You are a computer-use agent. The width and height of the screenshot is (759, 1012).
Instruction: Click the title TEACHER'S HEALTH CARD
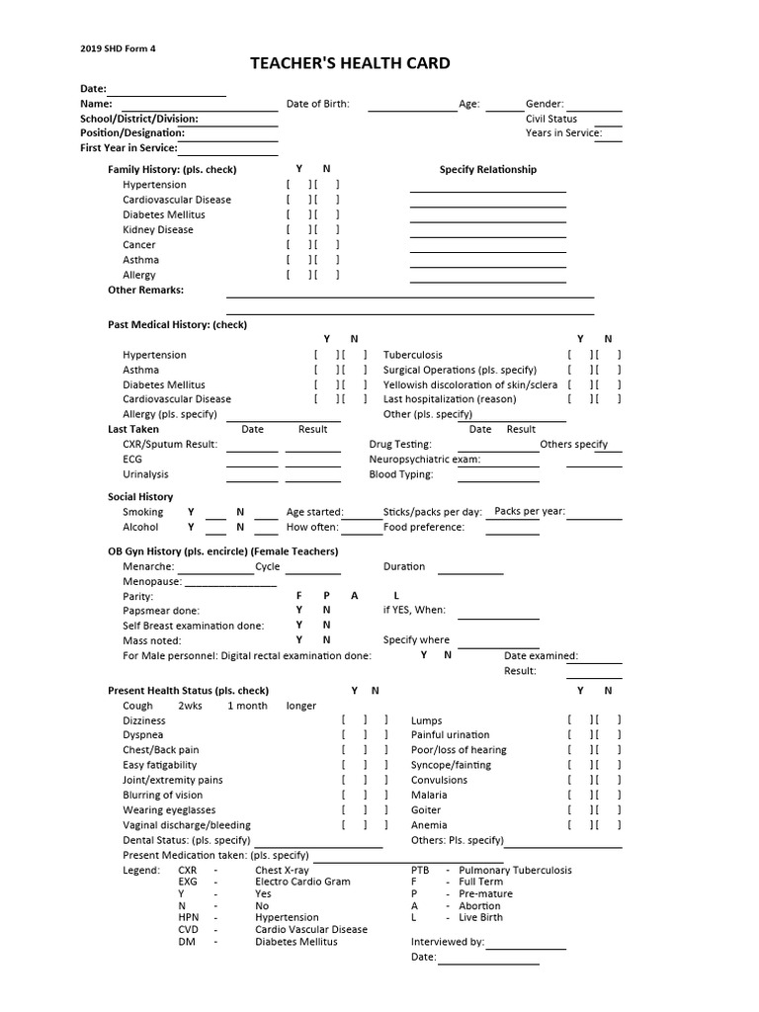350,63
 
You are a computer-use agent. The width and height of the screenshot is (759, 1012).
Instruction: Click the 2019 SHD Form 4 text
118,47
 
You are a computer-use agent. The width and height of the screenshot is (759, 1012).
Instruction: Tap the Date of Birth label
317,104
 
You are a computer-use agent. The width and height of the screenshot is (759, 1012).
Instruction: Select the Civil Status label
551,119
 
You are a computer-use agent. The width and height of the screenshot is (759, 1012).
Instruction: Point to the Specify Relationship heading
487,169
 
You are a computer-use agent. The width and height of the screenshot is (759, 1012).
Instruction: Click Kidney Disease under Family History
158,229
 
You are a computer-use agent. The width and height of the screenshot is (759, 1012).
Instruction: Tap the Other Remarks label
145,291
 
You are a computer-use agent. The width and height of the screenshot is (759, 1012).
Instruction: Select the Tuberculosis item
413,355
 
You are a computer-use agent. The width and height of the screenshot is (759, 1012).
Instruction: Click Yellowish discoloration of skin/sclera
470,384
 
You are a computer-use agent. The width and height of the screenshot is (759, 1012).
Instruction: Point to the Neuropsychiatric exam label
425,460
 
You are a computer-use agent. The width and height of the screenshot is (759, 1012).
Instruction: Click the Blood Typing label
401,474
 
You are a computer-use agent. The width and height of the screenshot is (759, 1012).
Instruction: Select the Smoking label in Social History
143,512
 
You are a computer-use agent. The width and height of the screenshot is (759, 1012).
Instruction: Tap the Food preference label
424,527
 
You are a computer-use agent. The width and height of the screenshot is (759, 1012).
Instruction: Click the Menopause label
152,582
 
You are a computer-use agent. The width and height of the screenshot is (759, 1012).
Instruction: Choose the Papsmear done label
161,611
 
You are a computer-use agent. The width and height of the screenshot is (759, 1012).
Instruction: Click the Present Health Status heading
188,691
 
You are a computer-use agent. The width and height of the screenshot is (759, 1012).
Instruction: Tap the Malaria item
429,795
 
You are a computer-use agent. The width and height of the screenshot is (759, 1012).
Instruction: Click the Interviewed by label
448,942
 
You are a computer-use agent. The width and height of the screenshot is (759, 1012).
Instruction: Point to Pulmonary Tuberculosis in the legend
515,871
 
